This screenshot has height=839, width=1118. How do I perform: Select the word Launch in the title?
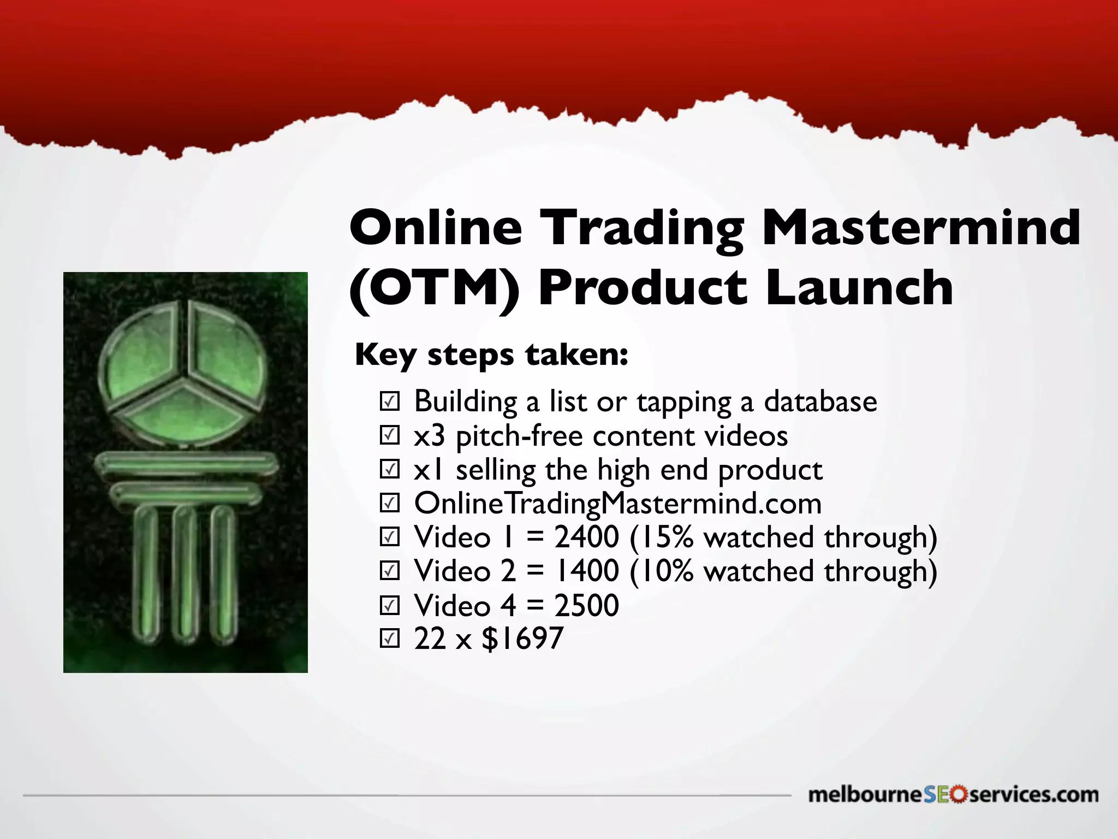[859, 288]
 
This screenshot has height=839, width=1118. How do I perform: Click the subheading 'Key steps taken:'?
[491, 355]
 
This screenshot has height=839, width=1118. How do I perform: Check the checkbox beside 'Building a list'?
[390, 401]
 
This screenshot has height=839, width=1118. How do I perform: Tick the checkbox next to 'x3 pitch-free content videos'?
[390, 436]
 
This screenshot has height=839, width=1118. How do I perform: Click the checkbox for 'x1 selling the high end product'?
[390, 470]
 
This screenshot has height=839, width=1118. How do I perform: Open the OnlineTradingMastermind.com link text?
[617, 504]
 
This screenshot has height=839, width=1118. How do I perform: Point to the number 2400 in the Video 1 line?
[587, 537]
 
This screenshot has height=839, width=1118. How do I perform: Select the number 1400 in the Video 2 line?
[587, 571]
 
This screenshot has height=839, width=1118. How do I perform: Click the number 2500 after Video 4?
[587, 605]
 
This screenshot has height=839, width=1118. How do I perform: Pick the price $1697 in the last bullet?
[522, 639]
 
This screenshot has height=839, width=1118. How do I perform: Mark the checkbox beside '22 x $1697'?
[390, 639]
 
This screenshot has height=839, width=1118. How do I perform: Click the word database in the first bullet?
[820, 401]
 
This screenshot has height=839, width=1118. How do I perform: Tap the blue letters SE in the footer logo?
[937, 795]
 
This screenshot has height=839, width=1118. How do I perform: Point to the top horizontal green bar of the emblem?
[186, 466]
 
